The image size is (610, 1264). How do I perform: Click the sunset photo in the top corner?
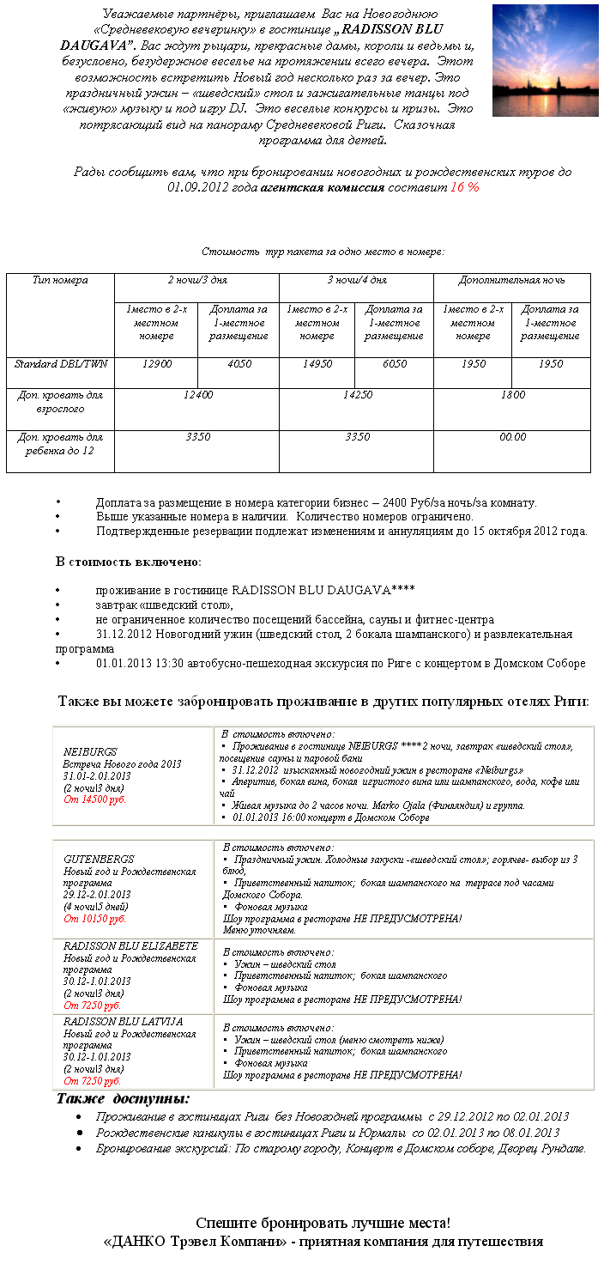pyautogui.click(x=545, y=60)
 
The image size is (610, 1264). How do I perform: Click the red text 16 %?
pyautogui.click(x=464, y=186)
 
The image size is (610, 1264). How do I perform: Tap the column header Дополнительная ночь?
pyautogui.click(x=511, y=281)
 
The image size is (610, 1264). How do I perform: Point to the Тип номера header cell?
pyautogui.click(x=60, y=281)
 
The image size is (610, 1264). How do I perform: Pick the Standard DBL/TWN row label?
pyautogui.click(x=60, y=364)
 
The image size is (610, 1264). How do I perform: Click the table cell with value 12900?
pyautogui.click(x=157, y=364)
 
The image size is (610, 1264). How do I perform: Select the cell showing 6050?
pyautogui.click(x=395, y=364)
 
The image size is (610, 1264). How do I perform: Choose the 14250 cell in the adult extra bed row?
pyautogui.click(x=357, y=395)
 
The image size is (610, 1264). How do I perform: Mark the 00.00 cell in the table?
pyautogui.click(x=512, y=437)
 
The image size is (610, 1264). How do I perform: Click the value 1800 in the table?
pyautogui.click(x=512, y=395)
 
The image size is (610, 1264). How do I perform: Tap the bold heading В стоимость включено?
pyautogui.click(x=129, y=562)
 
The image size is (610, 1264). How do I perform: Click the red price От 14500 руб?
pyautogui.click(x=94, y=799)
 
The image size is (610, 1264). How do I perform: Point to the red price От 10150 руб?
pyautogui.click(x=94, y=919)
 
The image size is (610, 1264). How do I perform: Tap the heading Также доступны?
pyautogui.click(x=124, y=1100)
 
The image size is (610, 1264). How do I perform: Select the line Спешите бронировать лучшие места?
pyautogui.click(x=323, y=1224)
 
